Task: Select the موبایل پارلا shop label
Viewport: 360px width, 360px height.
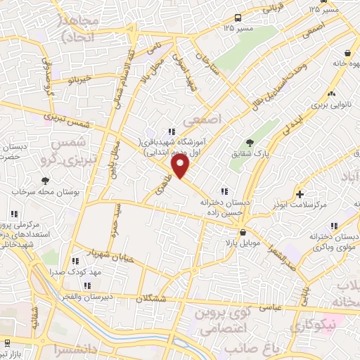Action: pyautogui.click(x=243, y=243)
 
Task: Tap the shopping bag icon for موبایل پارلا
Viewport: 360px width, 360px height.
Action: pyautogui.click(x=243, y=233)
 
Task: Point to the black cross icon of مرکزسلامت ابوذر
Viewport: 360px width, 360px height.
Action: pyautogui.click(x=300, y=194)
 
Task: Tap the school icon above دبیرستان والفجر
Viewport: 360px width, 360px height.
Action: pyautogui.click(x=87, y=285)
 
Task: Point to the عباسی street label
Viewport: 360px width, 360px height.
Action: pyautogui.click(x=271, y=307)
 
